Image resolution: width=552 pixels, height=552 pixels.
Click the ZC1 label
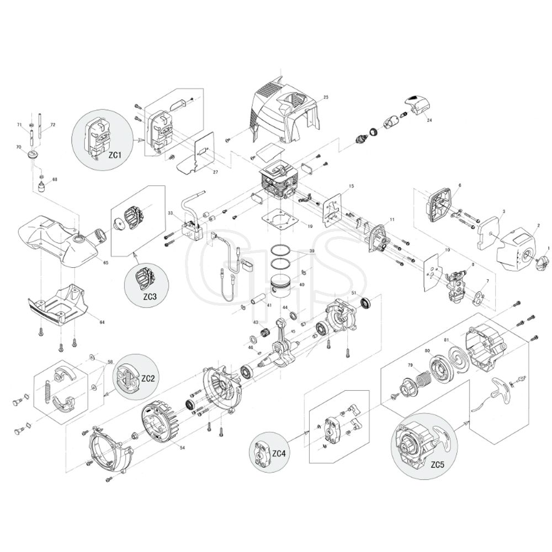(x=115, y=156)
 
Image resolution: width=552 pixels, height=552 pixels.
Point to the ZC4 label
(x=279, y=453)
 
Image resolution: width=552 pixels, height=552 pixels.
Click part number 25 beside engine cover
(x=326, y=97)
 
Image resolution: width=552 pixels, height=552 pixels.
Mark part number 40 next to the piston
(x=301, y=285)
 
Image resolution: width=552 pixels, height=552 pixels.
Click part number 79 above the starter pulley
(x=410, y=365)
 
